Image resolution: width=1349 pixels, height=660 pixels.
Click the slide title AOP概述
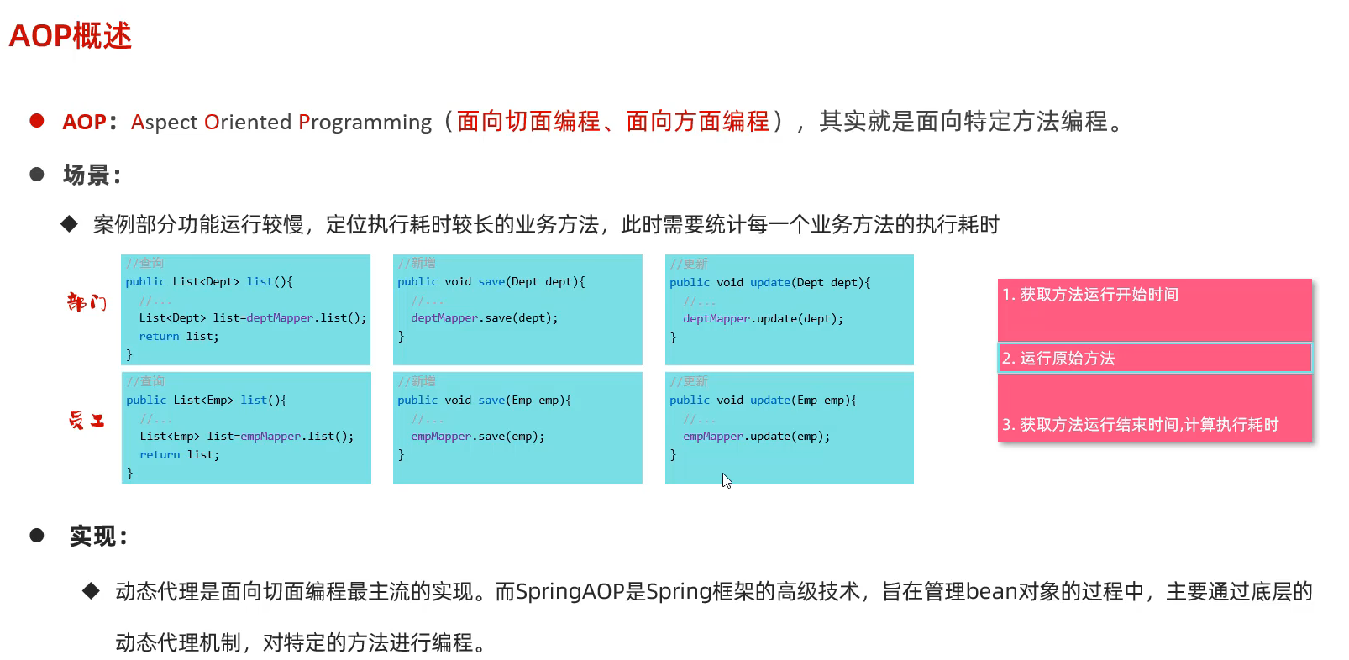tap(71, 36)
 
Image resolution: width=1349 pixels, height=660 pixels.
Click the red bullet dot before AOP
tap(37, 121)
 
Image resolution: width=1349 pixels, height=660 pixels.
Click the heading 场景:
tap(92, 175)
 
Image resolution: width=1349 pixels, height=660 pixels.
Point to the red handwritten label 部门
tap(87, 301)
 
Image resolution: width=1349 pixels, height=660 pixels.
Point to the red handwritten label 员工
tap(87, 420)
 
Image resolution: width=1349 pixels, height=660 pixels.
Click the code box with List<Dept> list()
tap(245, 309)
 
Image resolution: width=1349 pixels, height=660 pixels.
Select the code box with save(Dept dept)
tap(517, 309)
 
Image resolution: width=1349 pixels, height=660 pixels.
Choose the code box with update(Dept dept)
tap(789, 309)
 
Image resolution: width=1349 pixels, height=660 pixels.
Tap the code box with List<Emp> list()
tap(245, 427)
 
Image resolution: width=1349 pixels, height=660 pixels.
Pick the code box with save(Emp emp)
tap(517, 427)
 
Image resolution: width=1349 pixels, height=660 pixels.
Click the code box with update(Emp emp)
tap(789, 427)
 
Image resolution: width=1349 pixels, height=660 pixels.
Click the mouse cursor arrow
tap(727, 480)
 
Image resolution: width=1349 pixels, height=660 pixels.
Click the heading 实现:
tap(97, 536)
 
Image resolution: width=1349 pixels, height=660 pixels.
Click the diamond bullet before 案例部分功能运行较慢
tap(69, 223)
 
